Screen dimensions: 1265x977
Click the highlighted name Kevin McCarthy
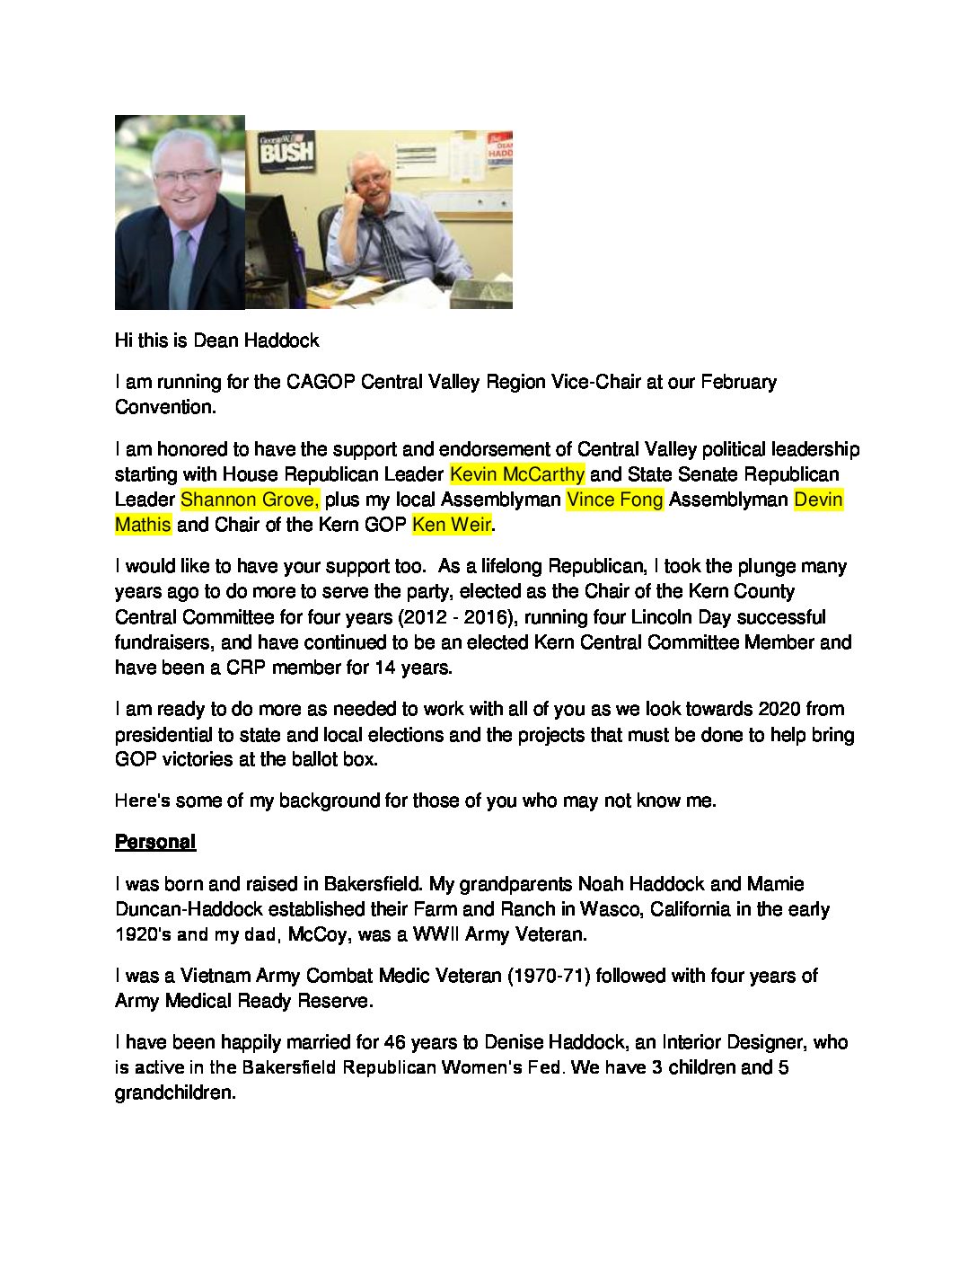point(516,473)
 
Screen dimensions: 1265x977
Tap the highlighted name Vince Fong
point(614,499)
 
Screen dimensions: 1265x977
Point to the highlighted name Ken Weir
point(451,524)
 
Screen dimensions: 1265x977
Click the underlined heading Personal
point(154,842)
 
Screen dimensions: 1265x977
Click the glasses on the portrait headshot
point(185,176)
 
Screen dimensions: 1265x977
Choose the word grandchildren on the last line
point(174,1093)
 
